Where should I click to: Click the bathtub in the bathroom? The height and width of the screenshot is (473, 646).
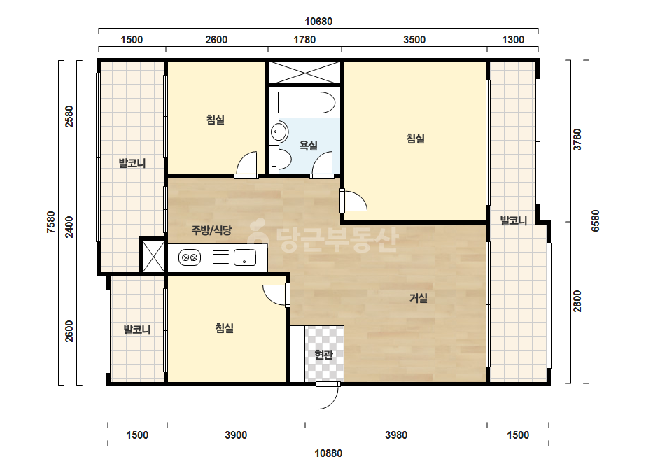307,103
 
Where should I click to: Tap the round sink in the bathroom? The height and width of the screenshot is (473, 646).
279,132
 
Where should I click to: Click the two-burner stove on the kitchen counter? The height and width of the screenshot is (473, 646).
190,257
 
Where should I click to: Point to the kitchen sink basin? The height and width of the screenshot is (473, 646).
245,257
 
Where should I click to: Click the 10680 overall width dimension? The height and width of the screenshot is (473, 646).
318,22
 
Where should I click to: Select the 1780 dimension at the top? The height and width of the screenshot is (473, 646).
304,40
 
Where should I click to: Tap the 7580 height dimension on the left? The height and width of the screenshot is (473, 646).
50,222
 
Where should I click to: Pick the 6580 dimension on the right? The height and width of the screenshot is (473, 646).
595,221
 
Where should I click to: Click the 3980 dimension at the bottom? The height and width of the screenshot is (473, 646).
396,435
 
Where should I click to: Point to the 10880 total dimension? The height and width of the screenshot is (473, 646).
328,453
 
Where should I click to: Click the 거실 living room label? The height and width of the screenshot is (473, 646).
418,298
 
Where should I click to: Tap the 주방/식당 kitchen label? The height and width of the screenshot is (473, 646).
211,230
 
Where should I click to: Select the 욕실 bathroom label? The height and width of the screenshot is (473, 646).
308,145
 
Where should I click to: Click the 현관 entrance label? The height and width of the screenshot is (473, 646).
323,354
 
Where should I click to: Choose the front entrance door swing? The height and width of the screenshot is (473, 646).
328,395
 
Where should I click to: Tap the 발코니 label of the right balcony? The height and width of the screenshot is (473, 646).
514,220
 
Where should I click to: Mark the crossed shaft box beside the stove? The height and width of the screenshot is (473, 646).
153,256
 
